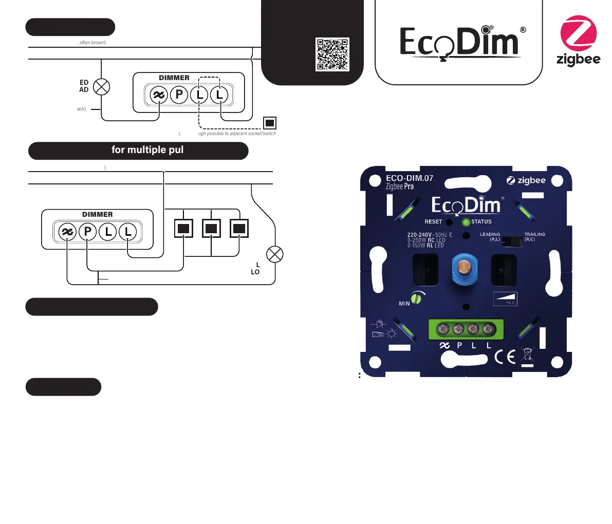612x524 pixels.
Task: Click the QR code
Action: [x=332, y=54]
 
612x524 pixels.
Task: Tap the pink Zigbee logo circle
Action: [x=578, y=33]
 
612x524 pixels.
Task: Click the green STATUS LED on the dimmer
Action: [x=466, y=222]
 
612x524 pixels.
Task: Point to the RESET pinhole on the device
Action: [x=449, y=222]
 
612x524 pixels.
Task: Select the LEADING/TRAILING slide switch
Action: [x=512, y=240]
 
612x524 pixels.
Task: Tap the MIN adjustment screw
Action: [x=416, y=298]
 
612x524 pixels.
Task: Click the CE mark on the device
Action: [x=505, y=357]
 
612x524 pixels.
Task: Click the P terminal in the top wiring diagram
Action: [x=179, y=95]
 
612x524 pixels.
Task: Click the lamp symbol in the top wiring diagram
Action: [x=101, y=87]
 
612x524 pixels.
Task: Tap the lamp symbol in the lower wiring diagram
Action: [x=275, y=254]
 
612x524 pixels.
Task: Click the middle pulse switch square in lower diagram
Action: [x=211, y=228]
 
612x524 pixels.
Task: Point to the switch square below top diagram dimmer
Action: [x=270, y=123]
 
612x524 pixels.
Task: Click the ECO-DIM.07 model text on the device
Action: [x=410, y=178]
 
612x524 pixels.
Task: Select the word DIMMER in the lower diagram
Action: [x=97, y=214]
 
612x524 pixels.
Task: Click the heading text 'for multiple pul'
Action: [x=147, y=150]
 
